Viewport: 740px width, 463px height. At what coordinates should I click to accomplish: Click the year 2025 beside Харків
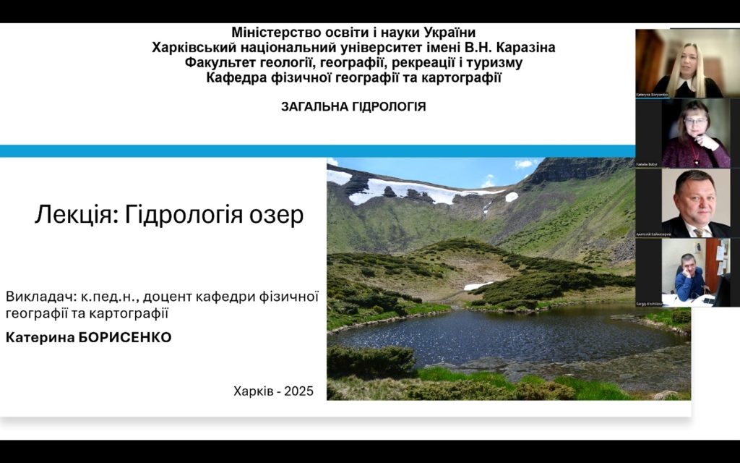[298, 391]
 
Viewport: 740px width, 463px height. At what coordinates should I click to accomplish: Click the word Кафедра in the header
[238, 78]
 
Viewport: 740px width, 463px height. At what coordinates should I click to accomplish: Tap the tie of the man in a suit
[698, 232]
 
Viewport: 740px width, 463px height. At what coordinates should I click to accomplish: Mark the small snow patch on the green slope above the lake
[478, 286]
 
